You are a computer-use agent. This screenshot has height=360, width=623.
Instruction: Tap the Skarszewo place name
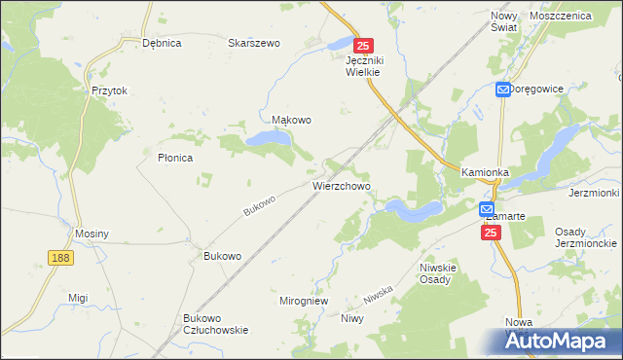(x=254, y=43)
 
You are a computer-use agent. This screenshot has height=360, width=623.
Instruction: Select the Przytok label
(x=110, y=90)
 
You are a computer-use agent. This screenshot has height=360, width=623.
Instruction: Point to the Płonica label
(x=176, y=157)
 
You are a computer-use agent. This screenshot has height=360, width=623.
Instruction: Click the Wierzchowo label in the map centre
(x=341, y=183)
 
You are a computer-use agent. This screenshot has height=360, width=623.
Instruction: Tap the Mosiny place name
(x=92, y=234)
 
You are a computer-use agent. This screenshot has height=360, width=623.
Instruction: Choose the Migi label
(x=78, y=298)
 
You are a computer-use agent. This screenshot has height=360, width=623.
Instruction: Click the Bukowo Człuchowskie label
(x=215, y=324)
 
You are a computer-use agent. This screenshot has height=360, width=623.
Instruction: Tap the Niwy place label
(x=351, y=318)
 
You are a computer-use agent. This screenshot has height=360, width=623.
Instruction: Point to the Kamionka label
(x=486, y=172)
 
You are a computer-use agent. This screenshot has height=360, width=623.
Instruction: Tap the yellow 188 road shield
(x=60, y=256)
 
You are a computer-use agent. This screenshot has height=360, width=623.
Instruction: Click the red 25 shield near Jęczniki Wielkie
(x=363, y=46)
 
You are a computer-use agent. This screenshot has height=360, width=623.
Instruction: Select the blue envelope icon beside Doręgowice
(x=502, y=90)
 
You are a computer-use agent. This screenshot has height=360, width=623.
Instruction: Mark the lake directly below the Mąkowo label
(x=269, y=140)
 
